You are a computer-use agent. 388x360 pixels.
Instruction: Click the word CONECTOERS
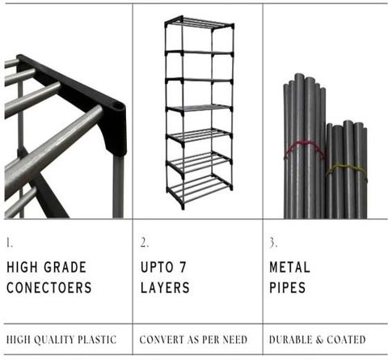click(49, 287)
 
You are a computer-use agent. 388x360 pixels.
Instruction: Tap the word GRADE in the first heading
click(65, 267)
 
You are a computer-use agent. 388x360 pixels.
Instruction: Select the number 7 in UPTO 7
click(183, 267)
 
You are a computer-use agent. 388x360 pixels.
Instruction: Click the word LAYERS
click(165, 287)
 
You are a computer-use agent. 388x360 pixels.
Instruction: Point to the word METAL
click(289, 267)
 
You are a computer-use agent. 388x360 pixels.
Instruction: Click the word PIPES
click(288, 287)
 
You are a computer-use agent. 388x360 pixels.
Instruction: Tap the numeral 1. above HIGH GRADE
click(10, 243)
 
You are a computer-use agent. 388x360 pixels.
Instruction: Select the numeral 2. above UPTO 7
click(145, 243)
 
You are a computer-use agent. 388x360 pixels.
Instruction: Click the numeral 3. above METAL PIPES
click(273, 243)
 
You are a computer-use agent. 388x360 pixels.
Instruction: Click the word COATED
click(346, 340)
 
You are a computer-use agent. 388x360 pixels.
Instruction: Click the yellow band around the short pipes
click(347, 169)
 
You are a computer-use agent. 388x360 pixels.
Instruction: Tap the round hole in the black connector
click(118, 107)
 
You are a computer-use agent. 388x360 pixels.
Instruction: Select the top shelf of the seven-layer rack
click(199, 22)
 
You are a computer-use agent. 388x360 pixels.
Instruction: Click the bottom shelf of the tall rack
click(200, 188)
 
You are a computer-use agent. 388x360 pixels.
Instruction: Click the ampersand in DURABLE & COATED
click(319, 340)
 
